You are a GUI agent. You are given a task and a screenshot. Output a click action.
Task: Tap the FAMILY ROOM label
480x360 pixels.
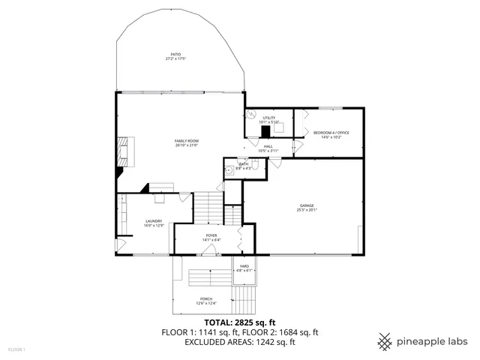187,141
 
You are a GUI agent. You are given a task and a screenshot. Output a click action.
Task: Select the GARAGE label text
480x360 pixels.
307,205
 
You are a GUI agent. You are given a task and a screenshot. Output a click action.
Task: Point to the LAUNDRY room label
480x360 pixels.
154,220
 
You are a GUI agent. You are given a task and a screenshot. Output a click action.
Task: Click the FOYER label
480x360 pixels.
211,235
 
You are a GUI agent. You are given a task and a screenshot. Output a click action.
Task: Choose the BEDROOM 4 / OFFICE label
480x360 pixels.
331,133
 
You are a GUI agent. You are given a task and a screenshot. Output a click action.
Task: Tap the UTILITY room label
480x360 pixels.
269,118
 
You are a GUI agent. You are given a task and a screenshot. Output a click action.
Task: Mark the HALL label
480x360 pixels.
268,146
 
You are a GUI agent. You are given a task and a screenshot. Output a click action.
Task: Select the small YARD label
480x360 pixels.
244,266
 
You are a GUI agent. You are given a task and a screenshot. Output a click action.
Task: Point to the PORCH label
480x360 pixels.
205,299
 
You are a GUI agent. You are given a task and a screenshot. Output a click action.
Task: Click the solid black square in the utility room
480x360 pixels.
265,131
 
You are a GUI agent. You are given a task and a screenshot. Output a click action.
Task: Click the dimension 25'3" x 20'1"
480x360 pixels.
307,210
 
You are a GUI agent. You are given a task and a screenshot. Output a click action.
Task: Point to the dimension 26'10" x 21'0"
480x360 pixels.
187,145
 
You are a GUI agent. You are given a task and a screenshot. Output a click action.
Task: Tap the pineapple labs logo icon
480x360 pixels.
385,341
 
